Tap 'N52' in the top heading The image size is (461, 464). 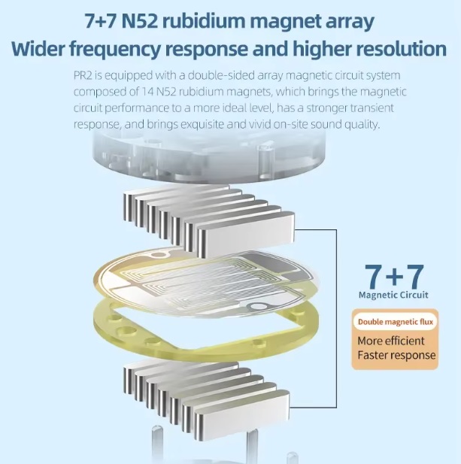pyautogui.click(x=139, y=21)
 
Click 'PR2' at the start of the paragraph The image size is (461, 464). pyautogui.click(x=83, y=75)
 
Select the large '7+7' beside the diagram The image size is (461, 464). pyautogui.click(x=394, y=277)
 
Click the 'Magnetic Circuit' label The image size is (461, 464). pyautogui.click(x=393, y=295)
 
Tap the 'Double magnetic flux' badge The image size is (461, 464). pyautogui.click(x=396, y=322)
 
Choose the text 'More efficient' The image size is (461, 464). pyautogui.click(x=391, y=341)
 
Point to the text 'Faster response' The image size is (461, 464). pyautogui.click(x=396, y=355)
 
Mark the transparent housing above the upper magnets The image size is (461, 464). pyautogui.click(x=208, y=157)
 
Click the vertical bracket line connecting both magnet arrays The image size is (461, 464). pyautogui.click(x=336, y=318)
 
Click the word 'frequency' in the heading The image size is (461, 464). pyautogui.click(x=115, y=49)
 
